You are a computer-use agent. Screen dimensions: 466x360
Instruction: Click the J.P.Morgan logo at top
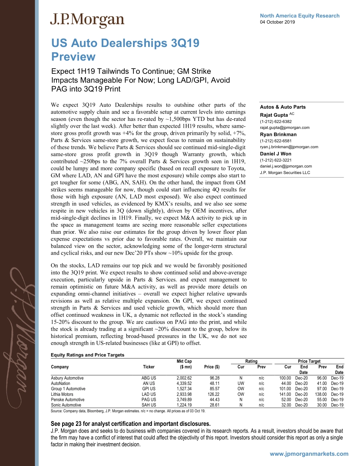pyautogui.click(x=87, y=20)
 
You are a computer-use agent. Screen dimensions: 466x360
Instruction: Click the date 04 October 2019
pyautogui.click(x=277, y=22)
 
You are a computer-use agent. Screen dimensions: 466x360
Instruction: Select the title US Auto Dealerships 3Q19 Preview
pyautogui.click(x=125, y=50)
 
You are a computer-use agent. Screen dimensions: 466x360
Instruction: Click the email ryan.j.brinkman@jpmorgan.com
pyautogui.click(x=289, y=147)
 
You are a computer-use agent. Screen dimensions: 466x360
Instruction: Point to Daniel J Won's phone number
pyautogui.click(x=275, y=160)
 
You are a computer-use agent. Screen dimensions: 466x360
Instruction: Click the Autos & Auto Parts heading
pyautogui.click(x=283, y=107)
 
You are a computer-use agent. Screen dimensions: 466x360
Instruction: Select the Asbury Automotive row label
pyautogui.click(x=67, y=378)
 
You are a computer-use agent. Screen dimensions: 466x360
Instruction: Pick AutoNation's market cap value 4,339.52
pyautogui.click(x=184, y=383)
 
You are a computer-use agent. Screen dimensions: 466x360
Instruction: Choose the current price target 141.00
pyautogui.click(x=285, y=394)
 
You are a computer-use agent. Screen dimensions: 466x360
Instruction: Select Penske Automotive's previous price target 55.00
pyautogui.click(x=322, y=400)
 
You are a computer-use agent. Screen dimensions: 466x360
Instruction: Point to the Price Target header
pyautogui.click(x=309, y=361)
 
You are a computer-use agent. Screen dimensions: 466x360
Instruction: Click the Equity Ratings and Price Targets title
pyautogui.click(x=88, y=355)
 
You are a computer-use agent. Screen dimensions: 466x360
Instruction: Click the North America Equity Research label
pyautogui.click(x=299, y=16)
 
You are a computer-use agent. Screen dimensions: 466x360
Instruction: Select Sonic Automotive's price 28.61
pyautogui.click(x=214, y=405)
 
